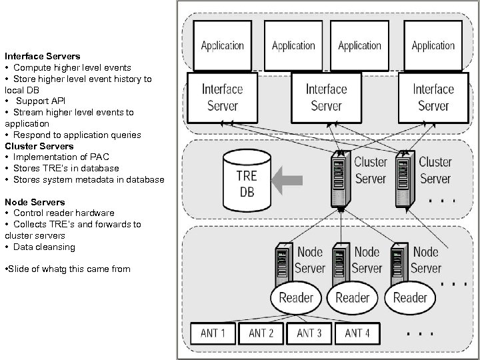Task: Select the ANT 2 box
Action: coord(261,333)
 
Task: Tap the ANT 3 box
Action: coord(310,333)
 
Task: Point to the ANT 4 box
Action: coord(357,333)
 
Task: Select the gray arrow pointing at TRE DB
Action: coord(288,178)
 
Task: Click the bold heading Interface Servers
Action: coord(42,57)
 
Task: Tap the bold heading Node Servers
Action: coord(35,202)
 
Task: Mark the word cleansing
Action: coord(55,247)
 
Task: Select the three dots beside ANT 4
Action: coord(420,331)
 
